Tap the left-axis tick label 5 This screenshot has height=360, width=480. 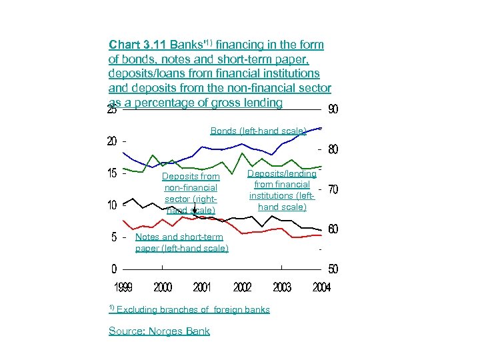pyautogui.click(x=114, y=237)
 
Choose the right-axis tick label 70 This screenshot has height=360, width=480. pyautogui.click(x=333, y=190)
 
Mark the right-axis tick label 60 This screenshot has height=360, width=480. pyautogui.click(x=333, y=229)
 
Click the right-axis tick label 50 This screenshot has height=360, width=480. pyautogui.click(x=333, y=269)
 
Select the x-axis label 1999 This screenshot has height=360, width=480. pyautogui.click(x=123, y=287)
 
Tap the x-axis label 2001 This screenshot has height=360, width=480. pyautogui.click(x=202, y=287)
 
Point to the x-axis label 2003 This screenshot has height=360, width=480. pyautogui.click(x=282, y=287)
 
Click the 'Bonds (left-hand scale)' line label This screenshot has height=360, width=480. pyautogui.click(x=258, y=131)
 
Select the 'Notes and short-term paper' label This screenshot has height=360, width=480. pyautogui.click(x=181, y=243)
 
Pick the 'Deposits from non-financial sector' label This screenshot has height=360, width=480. pyautogui.click(x=191, y=193)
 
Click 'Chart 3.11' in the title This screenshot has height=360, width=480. pyautogui.click(x=138, y=45)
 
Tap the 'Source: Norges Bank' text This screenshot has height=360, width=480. pyautogui.click(x=159, y=331)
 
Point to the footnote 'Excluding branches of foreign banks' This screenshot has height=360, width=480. pyautogui.click(x=193, y=309)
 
